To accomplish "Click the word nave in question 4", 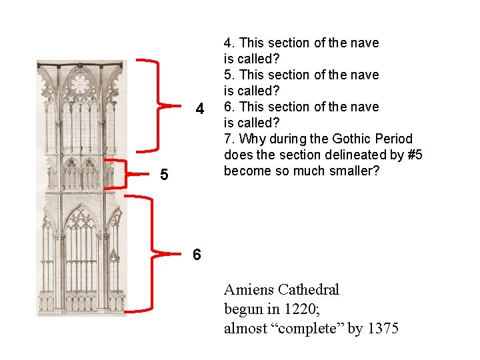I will tap(365, 43).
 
